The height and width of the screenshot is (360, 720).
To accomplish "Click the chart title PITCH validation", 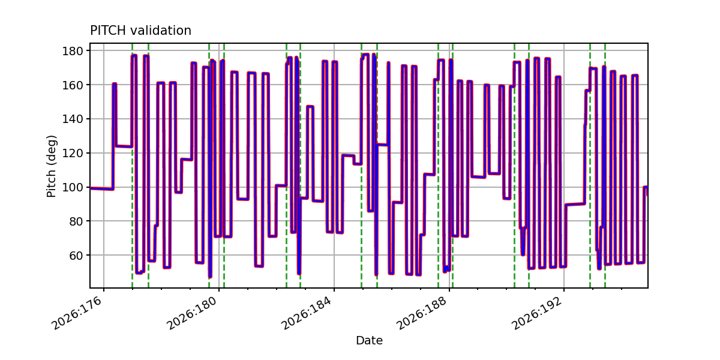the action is point(140,31).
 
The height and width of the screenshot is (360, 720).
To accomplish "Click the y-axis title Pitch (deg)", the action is point(51,166).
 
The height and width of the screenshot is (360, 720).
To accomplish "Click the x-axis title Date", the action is point(369,340).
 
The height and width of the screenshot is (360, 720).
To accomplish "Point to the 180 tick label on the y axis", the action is point(73,51).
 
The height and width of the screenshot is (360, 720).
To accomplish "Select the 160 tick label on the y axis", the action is point(73,85).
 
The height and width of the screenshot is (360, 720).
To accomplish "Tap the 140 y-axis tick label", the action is point(73,119).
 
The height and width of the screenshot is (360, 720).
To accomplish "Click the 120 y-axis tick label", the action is point(73,153).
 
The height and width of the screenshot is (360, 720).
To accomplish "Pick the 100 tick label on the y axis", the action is point(73,187).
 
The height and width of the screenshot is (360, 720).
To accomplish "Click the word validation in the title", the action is point(161,31).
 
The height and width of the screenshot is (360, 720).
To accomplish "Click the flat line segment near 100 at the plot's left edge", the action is point(101,188).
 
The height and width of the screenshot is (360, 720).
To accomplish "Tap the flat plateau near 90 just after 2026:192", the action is point(575,204).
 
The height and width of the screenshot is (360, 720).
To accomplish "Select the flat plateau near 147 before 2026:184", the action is point(310,106).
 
